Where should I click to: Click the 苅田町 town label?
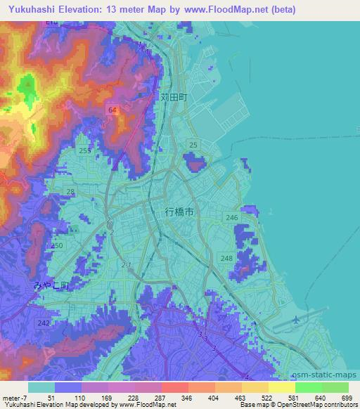coord(173,99)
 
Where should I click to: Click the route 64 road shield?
coord(112,110)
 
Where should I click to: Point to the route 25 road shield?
coord(193,145)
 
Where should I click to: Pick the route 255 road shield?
coord(85,150)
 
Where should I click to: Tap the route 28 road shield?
coord(70,191)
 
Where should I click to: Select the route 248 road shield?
coord(226,259)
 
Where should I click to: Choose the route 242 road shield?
coord(44,322)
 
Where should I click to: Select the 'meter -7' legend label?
coord(15,398)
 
